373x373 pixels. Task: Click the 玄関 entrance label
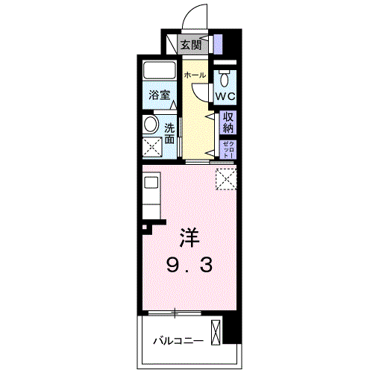pyautogui.click(x=191, y=46)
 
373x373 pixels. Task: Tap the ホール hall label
pyautogui.click(x=195, y=75)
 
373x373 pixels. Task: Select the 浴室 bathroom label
pyautogui.click(x=160, y=95)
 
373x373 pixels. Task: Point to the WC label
pyautogui.click(x=225, y=96)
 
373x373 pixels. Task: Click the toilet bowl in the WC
pyautogui.click(x=225, y=78)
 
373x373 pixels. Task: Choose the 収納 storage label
pyautogui.click(x=228, y=122)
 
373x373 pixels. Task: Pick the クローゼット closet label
pyautogui.click(x=228, y=149)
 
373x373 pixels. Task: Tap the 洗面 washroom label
pyautogui.click(x=169, y=134)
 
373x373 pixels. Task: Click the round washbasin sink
pyautogui.click(x=151, y=124)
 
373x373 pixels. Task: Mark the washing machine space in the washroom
pyautogui.click(x=152, y=147)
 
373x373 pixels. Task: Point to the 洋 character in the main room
pyautogui.click(x=189, y=237)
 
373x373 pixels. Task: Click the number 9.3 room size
pyautogui.click(x=189, y=265)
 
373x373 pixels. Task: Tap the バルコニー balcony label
pyautogui.click(x=178, y=341)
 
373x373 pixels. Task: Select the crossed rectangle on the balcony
pyautogui.click(x=216, y=333)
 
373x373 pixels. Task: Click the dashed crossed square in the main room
pyautogui.click(x=226, y=179)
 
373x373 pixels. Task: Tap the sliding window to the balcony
pyautogui.click(x=175, y=313)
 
